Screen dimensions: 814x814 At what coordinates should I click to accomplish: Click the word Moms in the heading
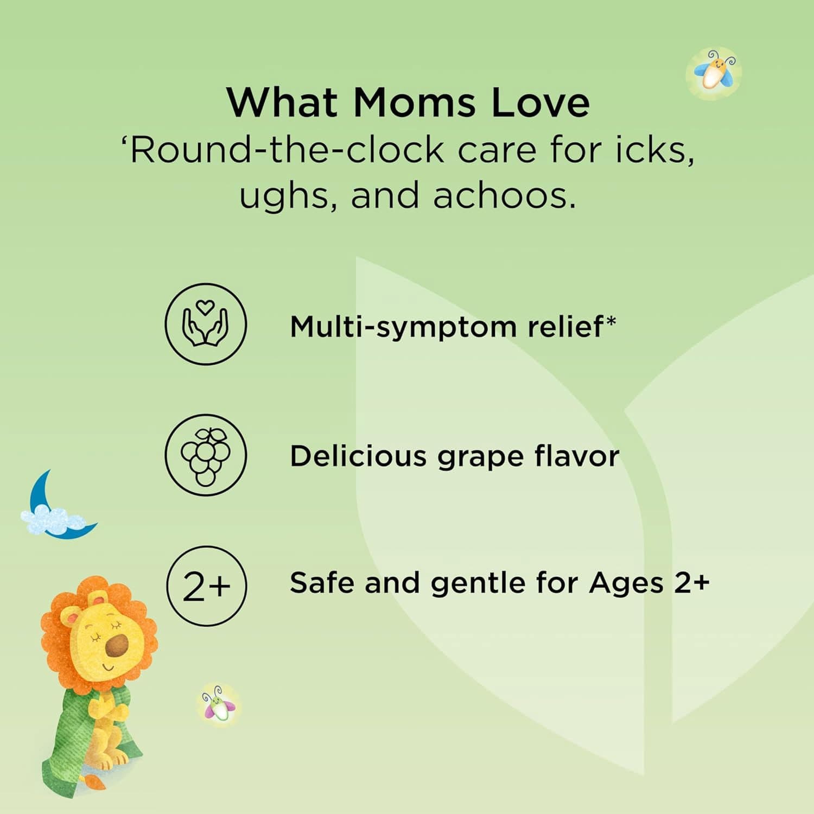click(x=414, y=102)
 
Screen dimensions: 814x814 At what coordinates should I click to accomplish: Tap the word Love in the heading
click(x=540, y=102)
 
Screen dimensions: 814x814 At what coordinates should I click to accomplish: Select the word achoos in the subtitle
click(x=504, y=195)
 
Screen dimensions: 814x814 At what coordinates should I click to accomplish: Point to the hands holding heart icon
click(x=206, y=324)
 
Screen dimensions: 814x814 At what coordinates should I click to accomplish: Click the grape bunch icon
click(x=206, y=455)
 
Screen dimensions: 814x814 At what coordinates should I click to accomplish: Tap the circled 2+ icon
click(x=206, y=586)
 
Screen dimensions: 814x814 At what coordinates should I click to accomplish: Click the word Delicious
click(x=358, y=456)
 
